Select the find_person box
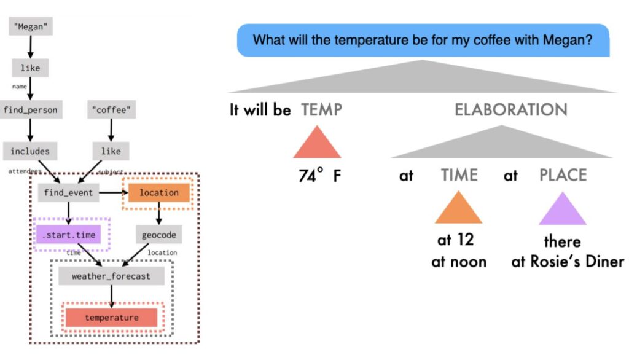(29, 110)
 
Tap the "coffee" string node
(111, 110)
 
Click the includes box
(29, 151)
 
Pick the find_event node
(68, 193)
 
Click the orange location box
(158, 193)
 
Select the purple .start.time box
(69, 234)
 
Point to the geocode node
(158, 235)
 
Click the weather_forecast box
(111, 276)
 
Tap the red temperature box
(111, 318)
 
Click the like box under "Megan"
(29, 68)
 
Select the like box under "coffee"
(111, 151)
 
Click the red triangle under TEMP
(317, 144)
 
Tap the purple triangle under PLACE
(562, 209)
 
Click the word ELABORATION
(510, 110)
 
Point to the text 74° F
(319, 176)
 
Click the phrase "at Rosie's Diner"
(568, 262)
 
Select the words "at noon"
(459, 262)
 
